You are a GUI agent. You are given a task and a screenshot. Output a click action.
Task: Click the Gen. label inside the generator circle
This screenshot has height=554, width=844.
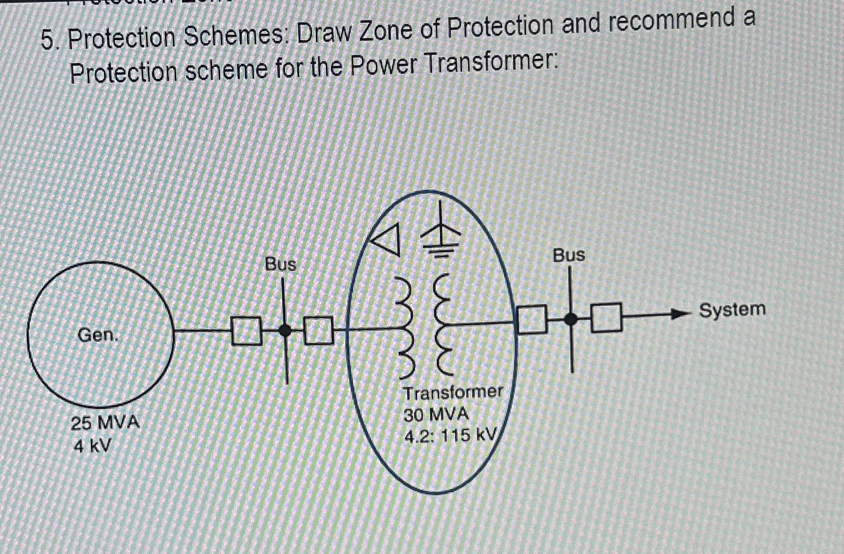click(98, 334)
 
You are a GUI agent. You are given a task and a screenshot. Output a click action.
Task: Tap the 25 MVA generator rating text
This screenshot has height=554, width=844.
click(105, 422)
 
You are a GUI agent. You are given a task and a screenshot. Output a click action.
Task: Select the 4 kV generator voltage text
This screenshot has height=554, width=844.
click(92, 447)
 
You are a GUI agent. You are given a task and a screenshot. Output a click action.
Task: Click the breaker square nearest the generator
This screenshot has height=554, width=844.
click(247, 331)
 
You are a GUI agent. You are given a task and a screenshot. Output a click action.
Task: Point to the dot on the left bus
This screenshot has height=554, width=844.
click(284, 330)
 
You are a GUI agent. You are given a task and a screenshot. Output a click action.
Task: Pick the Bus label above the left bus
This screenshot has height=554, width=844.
click(281, 264)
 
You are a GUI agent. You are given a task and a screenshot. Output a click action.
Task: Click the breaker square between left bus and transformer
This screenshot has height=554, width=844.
click(318, 330)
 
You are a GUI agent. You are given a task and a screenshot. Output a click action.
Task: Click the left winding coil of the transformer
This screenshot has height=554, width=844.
click(407, 328)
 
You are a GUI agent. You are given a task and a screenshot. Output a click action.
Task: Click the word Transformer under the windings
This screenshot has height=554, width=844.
click(453, 392)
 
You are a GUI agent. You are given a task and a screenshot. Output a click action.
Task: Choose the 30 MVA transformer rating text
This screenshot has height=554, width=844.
click(436, 415)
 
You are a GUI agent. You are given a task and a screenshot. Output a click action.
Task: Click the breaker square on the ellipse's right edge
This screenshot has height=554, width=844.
click(531, 319)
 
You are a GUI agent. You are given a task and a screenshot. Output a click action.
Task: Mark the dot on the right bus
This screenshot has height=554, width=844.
click(570, 319)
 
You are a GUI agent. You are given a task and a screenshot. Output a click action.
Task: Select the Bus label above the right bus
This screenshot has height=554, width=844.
click(569, 255)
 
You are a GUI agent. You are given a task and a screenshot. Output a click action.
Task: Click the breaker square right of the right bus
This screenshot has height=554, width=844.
click(606, 318)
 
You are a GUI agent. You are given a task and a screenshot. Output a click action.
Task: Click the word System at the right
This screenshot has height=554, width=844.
click(732, 310)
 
